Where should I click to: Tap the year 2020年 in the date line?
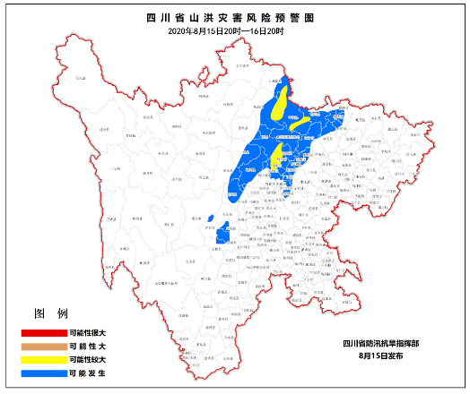179,31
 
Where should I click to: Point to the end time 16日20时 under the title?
265,31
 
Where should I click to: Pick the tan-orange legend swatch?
43,346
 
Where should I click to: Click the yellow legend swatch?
43,359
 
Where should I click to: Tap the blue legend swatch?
43,373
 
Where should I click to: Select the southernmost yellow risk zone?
275,154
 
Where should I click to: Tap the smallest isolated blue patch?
210,218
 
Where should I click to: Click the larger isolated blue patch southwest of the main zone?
222,232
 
